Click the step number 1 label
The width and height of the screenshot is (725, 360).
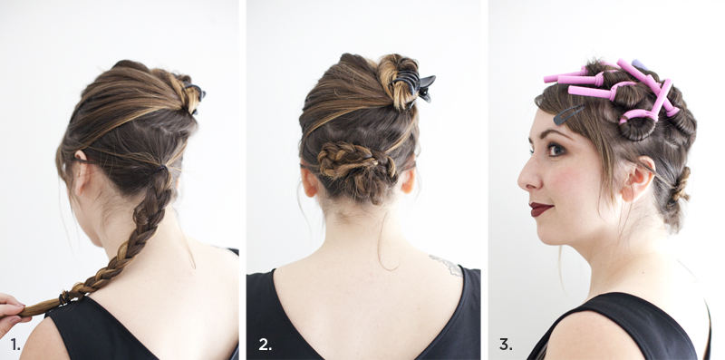click(15, 345)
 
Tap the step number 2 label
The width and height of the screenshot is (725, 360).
click(266, 345)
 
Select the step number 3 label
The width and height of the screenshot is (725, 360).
click(506, 345)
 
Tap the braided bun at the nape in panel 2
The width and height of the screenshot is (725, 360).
click(356, 168)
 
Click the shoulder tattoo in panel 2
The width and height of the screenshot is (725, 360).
click(447, 265)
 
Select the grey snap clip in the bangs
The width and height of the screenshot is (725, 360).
click(568, 114)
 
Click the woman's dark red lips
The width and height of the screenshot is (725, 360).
click(541, 209)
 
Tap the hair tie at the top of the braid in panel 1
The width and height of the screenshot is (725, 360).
click(161, 169)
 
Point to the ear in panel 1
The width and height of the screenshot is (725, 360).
click(81, 172)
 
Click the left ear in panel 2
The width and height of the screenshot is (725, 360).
click(309, 181)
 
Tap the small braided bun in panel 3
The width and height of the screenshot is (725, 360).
click(679, 185)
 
